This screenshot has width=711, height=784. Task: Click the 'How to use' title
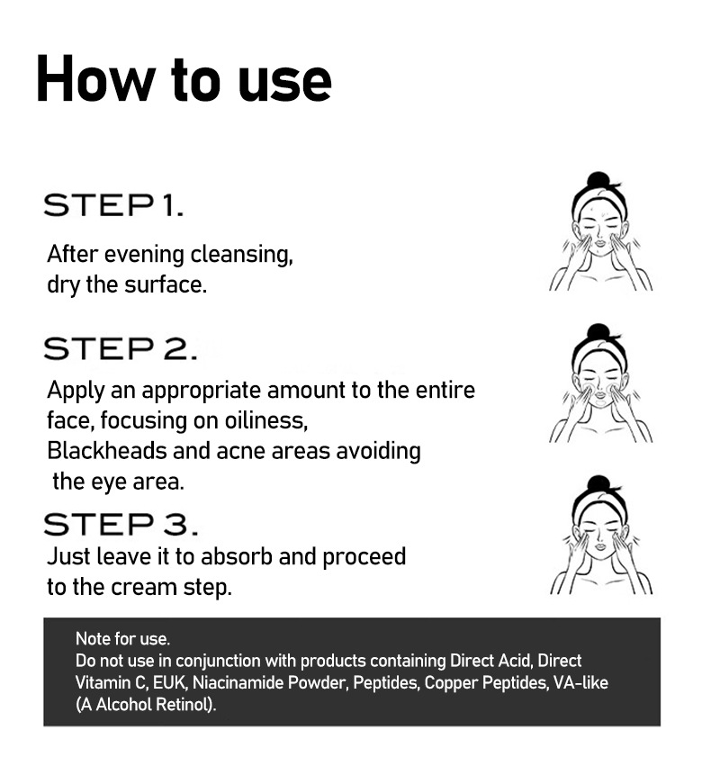184,80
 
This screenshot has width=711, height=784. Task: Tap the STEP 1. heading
114,205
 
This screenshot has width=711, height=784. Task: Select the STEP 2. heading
121,348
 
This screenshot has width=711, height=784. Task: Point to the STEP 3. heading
121,524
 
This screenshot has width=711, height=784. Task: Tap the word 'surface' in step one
166,284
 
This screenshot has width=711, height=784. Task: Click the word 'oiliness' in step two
265,420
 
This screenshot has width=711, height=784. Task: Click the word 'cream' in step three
144,588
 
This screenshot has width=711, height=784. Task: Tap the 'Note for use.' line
123,638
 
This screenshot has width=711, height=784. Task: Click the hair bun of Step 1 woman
598,179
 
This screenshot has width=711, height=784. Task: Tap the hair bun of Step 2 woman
598,331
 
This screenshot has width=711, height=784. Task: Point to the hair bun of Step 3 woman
598,483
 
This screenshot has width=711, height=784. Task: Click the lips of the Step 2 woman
600,401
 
